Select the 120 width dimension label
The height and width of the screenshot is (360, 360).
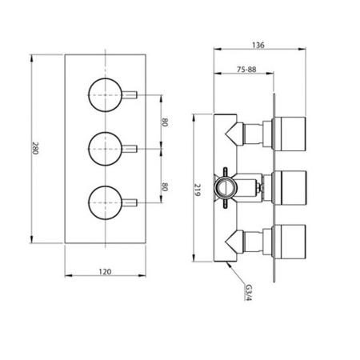click(104, 271)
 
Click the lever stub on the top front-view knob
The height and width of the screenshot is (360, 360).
click(131, 95)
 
